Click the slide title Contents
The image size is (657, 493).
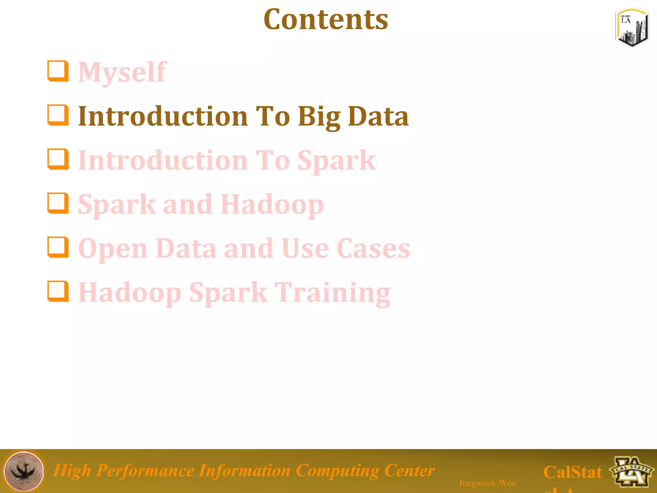[326, 20]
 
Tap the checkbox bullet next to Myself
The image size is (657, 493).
[58, 71]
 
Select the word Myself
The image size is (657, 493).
[122, 72]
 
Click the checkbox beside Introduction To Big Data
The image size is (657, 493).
[58, 115]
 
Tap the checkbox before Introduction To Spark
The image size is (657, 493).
[58, 159]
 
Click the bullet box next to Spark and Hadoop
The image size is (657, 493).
[58, 203]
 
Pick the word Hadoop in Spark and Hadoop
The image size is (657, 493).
[272, 204]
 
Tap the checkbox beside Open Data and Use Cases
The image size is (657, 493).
[58, 247]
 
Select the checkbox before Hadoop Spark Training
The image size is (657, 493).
[58, 291]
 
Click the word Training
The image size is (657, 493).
[334, 293]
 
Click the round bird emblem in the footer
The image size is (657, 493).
[23, 471]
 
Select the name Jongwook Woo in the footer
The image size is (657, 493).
[487, 483]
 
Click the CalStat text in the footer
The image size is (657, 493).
[573, 472]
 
